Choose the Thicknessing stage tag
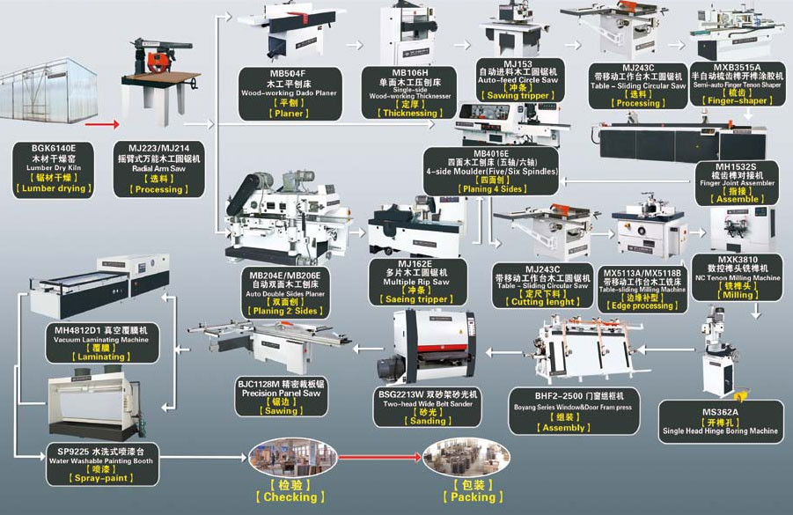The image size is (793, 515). point(408,113)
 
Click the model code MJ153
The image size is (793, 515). point(518,64)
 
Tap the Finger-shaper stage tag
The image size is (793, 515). point(737,100)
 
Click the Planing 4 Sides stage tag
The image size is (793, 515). point(491,188)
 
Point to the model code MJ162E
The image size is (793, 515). point(415,262)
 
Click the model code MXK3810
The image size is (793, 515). point(738,259)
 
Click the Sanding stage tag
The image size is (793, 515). point(429,421)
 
